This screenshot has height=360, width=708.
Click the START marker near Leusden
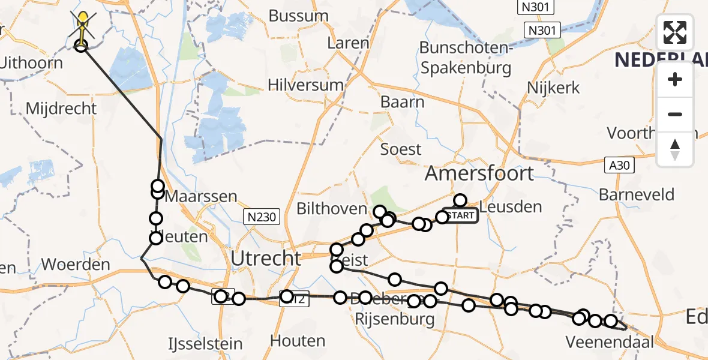[x=460, y=215]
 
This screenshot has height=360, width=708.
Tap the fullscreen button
[x=675, y=32]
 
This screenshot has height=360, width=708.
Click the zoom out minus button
[x=675, y=114]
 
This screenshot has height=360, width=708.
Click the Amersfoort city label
[x=479, y=174]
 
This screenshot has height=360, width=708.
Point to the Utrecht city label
[x=266, y=259]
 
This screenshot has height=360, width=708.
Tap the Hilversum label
[x=306, y=85]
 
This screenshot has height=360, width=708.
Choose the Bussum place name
[x=298, y=16]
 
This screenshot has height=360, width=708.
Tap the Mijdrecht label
[x=62, y=109]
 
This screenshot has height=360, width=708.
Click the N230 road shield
[x=262, y=217]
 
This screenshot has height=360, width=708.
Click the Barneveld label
[x=636, y=195]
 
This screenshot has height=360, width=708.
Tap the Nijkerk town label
[x=553, y=88]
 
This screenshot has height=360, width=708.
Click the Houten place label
[x=298, y=341]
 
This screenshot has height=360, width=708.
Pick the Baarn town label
[x=402, y=102]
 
